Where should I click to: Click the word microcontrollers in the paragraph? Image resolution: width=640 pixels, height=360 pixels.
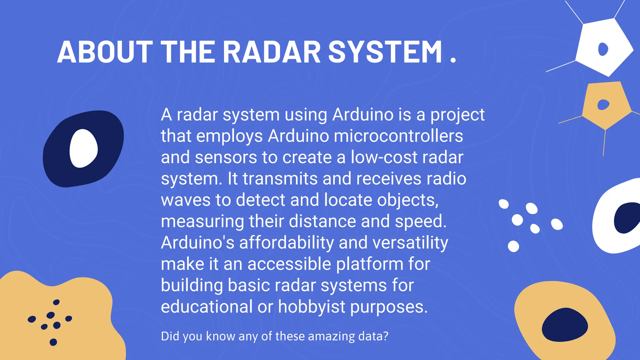coord(398,136)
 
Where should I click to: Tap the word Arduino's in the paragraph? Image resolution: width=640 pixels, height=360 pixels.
coord(197,242)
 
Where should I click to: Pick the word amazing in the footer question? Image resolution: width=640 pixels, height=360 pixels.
coord(331,336)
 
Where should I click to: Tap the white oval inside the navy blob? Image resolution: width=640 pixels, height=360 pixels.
coord(83,148)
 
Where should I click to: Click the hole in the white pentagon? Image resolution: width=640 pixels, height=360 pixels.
coord(603,49)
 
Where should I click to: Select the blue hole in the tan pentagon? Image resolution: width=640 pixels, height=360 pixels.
coord(603,105)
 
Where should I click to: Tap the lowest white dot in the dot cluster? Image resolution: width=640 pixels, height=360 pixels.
coord(513,246)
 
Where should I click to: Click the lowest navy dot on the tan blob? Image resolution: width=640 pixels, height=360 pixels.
coord(53,342)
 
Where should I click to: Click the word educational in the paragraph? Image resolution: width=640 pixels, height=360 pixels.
coord(207,307)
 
